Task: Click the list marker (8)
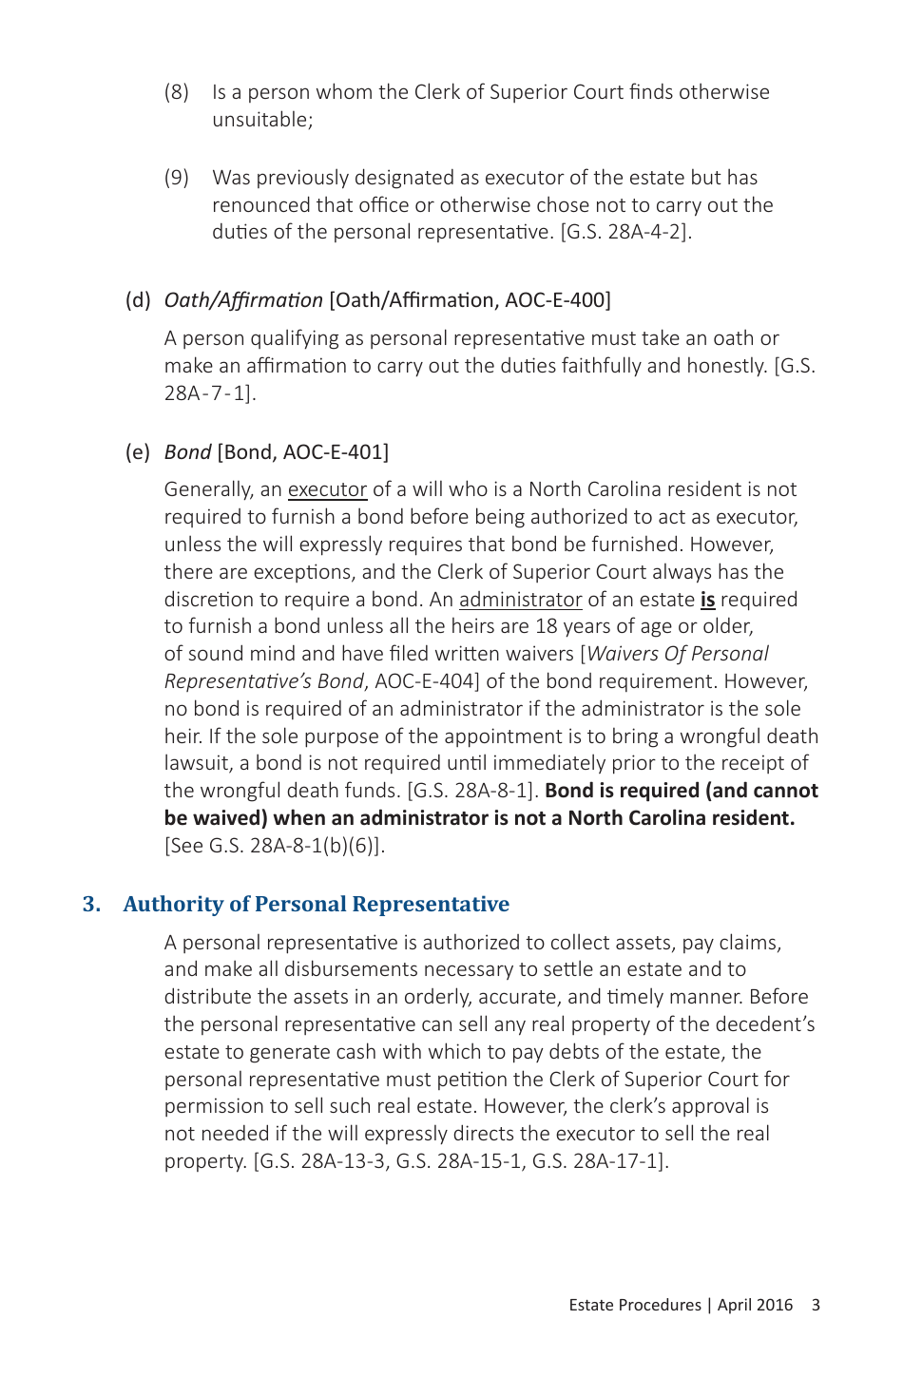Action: [176, 92]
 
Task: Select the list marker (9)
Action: [176, 178]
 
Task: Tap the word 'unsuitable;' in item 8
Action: [262, 120]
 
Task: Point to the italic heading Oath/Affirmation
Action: [243, 300]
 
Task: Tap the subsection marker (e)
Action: [138, 452]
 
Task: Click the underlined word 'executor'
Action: [327, 489]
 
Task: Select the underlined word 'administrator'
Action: [520, 600]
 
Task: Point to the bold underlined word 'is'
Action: [707, 600]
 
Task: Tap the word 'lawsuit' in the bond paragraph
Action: [197, 763]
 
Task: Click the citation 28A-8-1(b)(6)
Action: [314, 846]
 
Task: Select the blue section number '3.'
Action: [91, 904]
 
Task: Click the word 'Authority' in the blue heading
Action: [173, 904]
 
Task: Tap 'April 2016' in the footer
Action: [755, 1305]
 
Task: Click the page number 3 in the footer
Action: [816, 1305]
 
